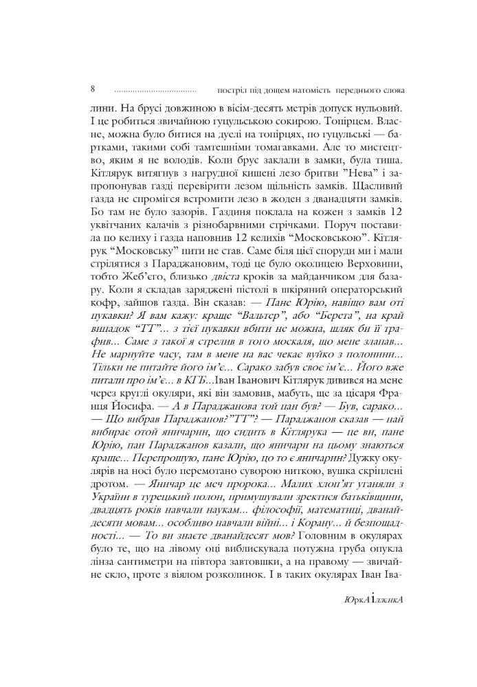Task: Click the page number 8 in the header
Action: [x=93, y=89]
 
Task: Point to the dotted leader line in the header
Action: [x=155, y=91]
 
